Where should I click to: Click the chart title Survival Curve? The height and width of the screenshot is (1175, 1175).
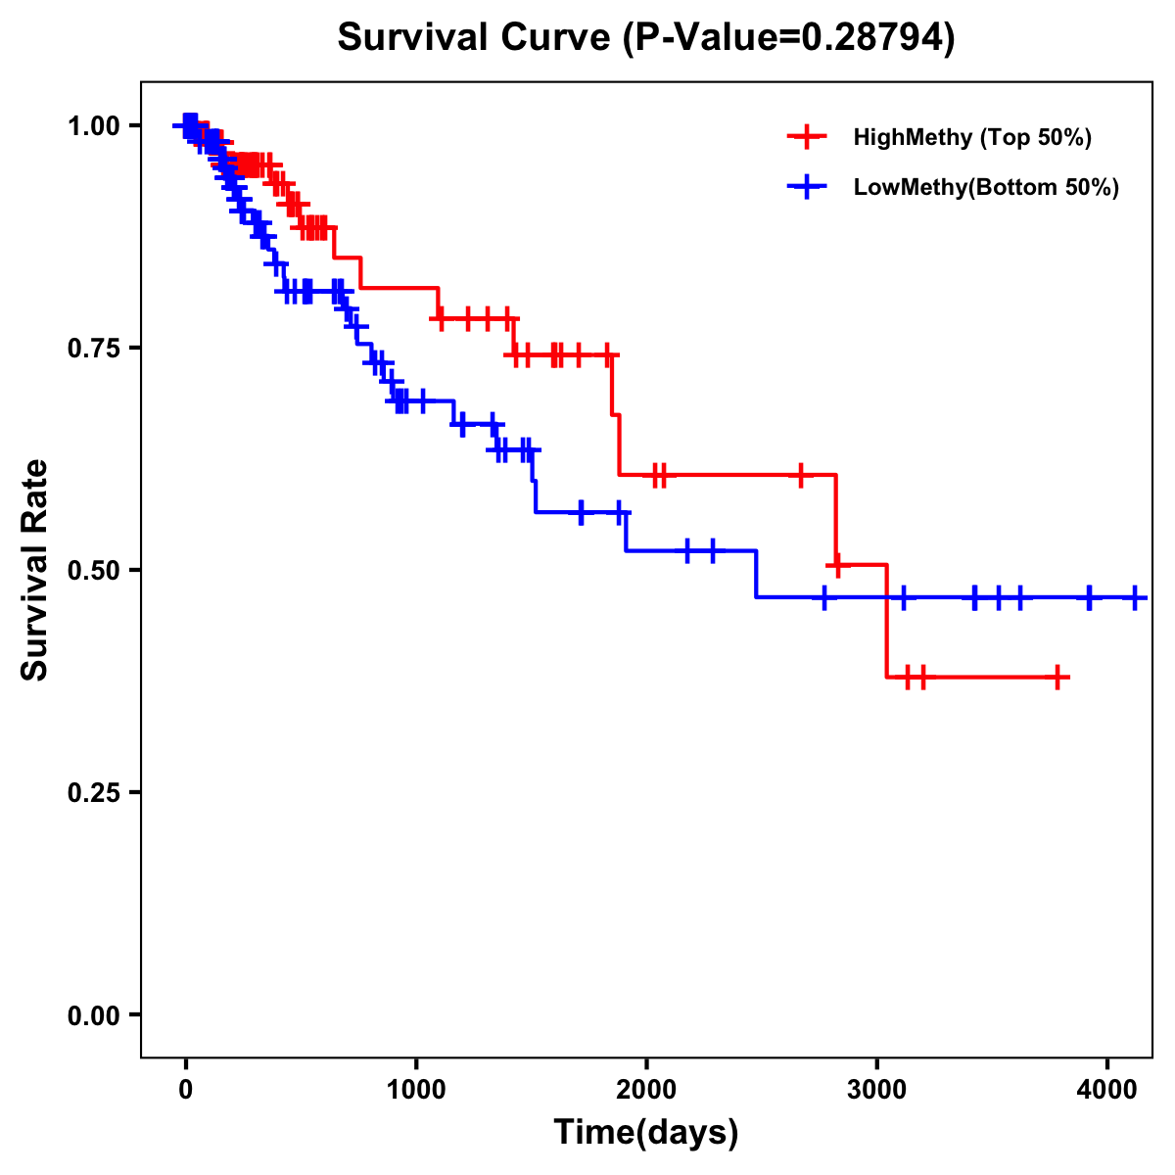click(x=474, y=38)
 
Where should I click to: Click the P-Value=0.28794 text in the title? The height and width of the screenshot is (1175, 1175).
click(x=789, y=38)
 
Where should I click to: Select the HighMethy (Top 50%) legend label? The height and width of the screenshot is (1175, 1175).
click(x=971, y=137)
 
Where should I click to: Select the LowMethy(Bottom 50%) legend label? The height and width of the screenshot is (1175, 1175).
click(x=986, y=187)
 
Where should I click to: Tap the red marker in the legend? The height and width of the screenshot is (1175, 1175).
click(x=807, y=137)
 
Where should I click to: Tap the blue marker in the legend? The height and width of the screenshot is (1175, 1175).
click(x=807, y=187)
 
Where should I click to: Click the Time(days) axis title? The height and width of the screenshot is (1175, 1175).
click(x=646, y=1133)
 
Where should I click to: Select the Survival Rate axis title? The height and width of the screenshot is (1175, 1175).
click(x=35, y=570)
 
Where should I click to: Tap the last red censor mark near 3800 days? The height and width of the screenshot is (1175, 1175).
click(x=1057, y=677)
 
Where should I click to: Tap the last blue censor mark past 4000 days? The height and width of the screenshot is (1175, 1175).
click(x=1134, y=597)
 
